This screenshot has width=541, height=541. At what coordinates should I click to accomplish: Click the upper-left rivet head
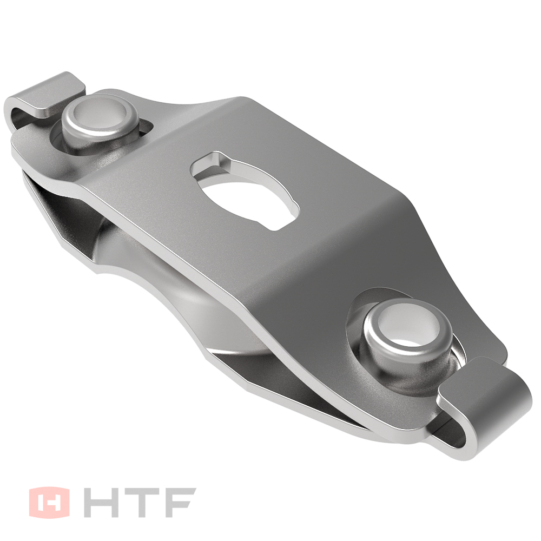click(x=100, y=128)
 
